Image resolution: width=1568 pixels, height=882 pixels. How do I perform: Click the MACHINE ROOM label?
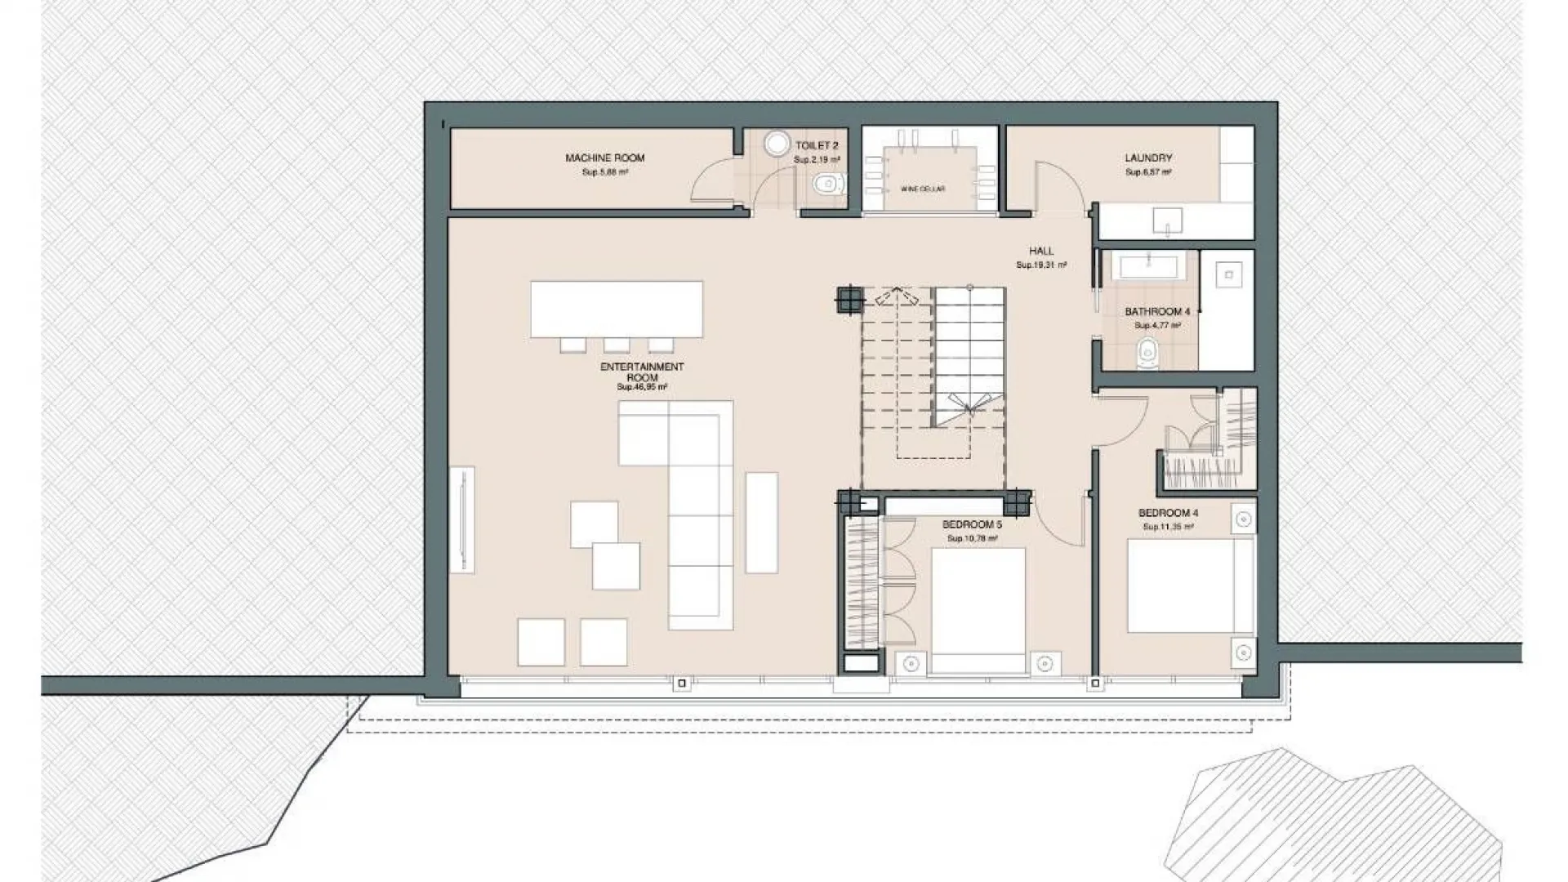(x=604, y=158)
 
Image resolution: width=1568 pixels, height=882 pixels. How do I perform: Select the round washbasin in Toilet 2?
(x=777, y=144)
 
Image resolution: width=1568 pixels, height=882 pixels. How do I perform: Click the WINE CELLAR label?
(x=923, y=189)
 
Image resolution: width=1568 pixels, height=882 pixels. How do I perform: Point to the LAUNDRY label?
(x=1147, y=158)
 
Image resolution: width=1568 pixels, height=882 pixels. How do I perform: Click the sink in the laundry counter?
(x=1168, y=220)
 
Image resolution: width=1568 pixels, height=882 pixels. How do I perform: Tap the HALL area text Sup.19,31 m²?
(x=1040, y=265)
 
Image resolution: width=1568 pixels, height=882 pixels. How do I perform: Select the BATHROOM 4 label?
(x=1156, y=311)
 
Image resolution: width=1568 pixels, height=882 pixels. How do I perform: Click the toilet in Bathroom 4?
(x=1147, y=354)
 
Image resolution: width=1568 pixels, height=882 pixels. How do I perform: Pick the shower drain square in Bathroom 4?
(x=1227, y=275)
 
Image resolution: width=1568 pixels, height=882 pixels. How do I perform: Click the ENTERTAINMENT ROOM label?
(x=642, y=372)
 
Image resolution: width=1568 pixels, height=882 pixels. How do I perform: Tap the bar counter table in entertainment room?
(x=616, y=309)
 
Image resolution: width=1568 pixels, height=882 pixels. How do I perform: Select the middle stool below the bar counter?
(x=617, y=345)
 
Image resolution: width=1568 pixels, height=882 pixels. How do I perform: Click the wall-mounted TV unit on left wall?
(x=461, y=519)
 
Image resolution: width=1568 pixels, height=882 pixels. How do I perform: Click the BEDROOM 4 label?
(x=1168, y=513)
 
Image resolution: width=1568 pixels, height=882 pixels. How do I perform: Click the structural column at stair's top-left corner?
(x=849, y=300)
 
